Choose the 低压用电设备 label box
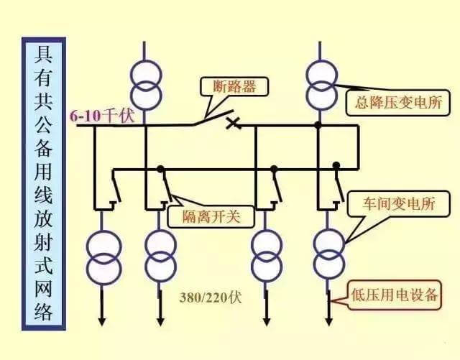(x=395, y=295)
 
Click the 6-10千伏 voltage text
(x=102, y=116)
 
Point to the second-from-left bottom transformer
(x=160, y=255)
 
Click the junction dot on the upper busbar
(x=318, y=126)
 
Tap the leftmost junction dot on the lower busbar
(x=161, y=170)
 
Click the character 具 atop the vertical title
(x=43, y=55)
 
